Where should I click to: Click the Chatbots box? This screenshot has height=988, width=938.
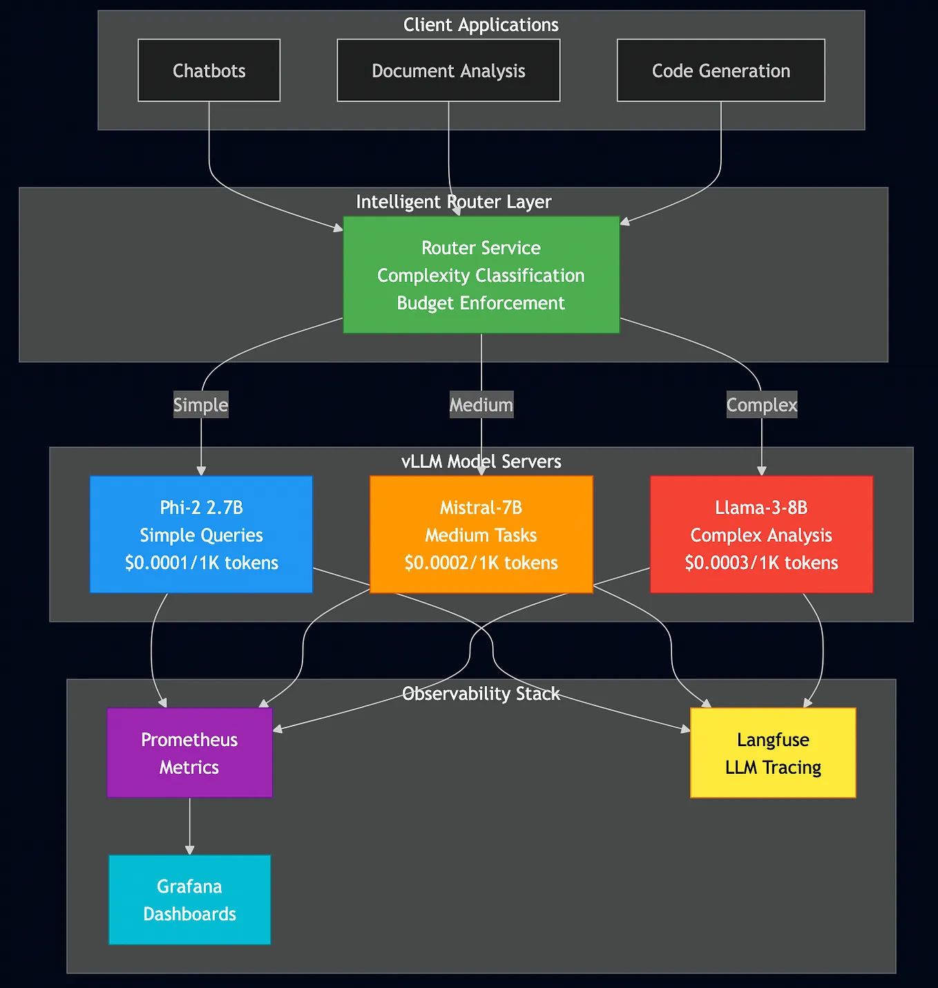coord(209,70)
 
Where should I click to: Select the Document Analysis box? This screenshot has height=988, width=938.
coord(448,70)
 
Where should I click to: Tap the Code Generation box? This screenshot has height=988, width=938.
coord(720,70)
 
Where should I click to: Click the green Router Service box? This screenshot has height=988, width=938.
coord(481,275)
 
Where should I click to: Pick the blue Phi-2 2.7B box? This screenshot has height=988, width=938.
coord(201,534)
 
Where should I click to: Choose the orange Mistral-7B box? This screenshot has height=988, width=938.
coord(481,534)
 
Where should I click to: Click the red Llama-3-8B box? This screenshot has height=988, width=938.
coord(761,534)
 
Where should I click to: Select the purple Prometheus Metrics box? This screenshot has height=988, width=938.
coord(189,753)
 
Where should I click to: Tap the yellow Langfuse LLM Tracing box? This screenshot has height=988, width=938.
coord(773,753)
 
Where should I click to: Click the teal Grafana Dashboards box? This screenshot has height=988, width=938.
coord(189,900)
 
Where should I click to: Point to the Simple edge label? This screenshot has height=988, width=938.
coord(200,405)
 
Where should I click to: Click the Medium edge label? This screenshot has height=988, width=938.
coord(481,405)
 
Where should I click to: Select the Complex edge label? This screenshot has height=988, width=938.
coord(762,405)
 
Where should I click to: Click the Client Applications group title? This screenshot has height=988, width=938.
coord(481,25)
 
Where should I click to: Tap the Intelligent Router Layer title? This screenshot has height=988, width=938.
coord(454,202)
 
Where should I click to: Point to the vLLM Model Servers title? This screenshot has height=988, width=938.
coord(481,462)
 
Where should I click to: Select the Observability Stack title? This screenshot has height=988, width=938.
coord(481,694)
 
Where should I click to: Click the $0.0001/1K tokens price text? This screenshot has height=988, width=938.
coord(202,563)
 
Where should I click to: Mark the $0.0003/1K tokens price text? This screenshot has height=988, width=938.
coord(761,563)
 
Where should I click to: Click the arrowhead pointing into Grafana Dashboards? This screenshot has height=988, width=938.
coord(189,850)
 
